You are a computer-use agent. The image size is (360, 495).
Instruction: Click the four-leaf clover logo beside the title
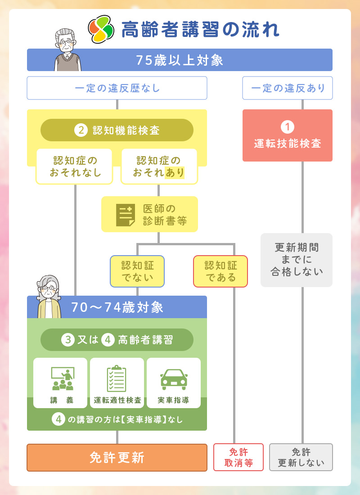[101, 29]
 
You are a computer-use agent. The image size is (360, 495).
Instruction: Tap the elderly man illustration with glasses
[67, 49]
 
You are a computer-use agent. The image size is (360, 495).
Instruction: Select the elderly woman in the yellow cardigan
[49, 297]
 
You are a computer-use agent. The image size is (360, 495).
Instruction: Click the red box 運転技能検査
[288, 135]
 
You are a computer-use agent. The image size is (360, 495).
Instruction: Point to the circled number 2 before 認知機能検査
[81, 130]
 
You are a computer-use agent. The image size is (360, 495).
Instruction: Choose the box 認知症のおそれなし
[75, 166]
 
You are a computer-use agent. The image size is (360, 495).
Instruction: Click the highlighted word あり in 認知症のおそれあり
[174, 173]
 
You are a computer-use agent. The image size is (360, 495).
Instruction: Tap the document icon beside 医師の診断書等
[126, 215]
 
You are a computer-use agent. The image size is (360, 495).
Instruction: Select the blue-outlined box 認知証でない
[137, 271]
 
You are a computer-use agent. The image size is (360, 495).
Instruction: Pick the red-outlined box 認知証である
[220, 271]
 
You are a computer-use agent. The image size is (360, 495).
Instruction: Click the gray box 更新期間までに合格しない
[297, 260]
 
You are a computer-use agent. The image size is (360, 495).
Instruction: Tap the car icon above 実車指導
[174, 379]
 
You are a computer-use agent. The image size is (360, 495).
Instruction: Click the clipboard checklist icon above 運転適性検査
[117, 378]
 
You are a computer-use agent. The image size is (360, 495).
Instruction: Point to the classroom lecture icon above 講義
[63, 378]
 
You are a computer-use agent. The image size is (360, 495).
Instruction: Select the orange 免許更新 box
[117, 458]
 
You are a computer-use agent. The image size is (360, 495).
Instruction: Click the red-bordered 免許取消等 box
[238, 457]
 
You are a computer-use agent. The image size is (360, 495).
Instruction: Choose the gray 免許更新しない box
[301, 457]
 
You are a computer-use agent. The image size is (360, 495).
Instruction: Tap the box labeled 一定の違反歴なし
[117, 88]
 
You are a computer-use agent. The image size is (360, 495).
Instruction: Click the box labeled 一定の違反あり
[288, 88]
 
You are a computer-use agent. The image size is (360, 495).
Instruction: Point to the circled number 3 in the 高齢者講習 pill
[67, 340]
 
